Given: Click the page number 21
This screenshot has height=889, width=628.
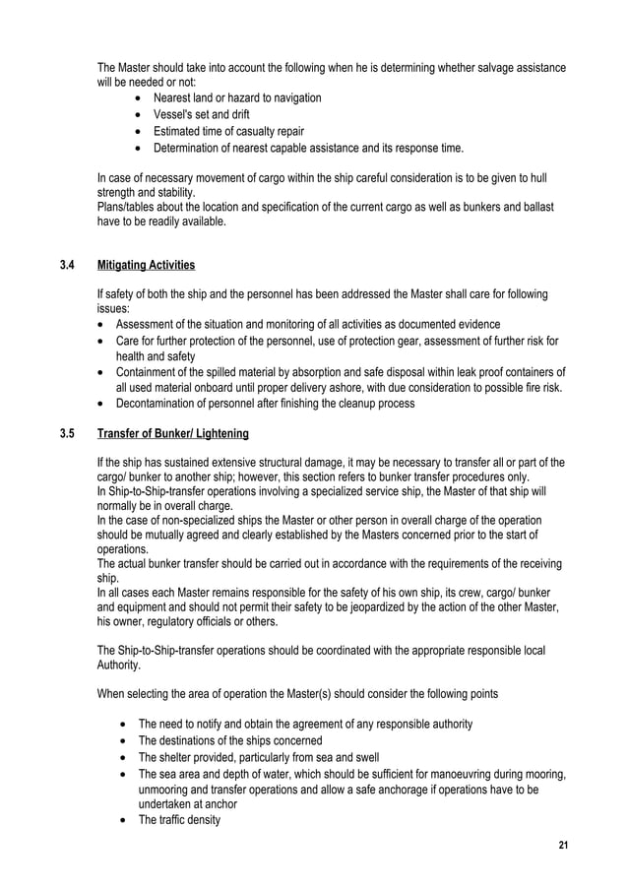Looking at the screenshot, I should tap(563, 846).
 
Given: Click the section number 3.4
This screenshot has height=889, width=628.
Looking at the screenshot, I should tap(68, 265).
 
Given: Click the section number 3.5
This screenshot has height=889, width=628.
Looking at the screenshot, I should tap(68, 433).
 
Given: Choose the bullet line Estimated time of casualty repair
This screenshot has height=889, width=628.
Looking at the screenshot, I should tap(228, 131).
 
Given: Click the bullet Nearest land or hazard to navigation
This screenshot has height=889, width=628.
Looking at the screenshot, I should tap(237, 97).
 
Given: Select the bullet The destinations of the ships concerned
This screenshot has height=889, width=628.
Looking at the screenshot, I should tap(230, 740).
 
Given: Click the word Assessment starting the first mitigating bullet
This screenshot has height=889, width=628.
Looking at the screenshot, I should tap(148, 325).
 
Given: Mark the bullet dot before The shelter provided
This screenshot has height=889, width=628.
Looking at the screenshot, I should tap(122, 757).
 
